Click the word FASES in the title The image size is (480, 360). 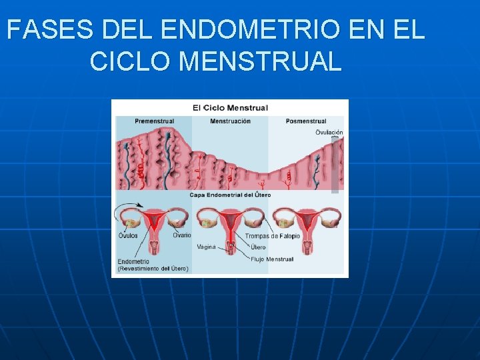pyautogui.click(x=50, y=30)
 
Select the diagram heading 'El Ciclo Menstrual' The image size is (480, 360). pyautogui.click(x=230, y=107)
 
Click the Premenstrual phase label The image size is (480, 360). pyautogui.click(x=154, y=121)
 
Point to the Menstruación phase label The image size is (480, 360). pyautogui.click(x=230, y=121)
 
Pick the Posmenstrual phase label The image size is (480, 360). pyautogui.click(x=306, y=121)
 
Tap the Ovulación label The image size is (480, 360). pyautogui.click(x=329, y=132)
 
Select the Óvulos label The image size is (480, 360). pyautogui.click(x=129, y=235)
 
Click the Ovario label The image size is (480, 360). pyautogui.click(x=181, y=235)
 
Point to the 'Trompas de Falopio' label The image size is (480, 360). pyautogui.click(x=272, y=236)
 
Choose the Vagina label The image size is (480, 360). pyautogui.click(x=207, y=247)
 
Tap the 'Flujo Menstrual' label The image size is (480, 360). pyautogui.click(x=271, y=259)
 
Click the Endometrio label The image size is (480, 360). pyautogui.click(x=133, y=261)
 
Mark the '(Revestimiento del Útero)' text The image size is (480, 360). pyautogui.click(x=153, y=269)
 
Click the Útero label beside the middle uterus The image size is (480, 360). pyautogui.click(x=258, y=247)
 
